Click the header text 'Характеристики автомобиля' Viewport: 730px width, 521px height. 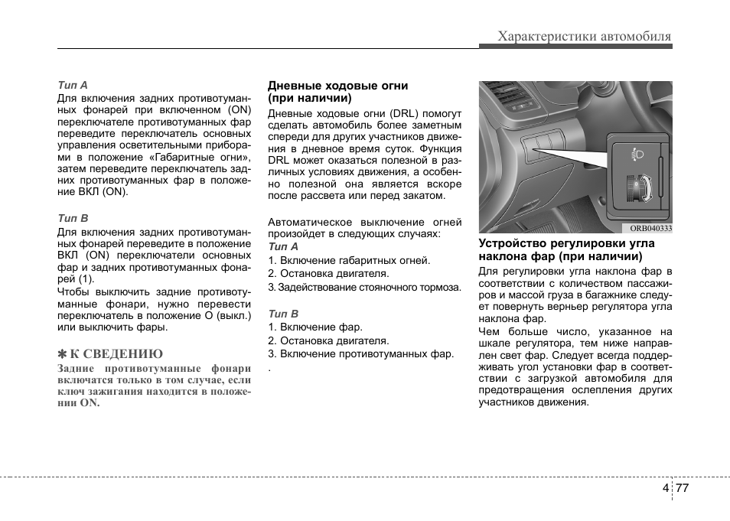click(584, 36)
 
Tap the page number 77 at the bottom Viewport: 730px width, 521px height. click(683, 489)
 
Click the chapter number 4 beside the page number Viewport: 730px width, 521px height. click(666, 489)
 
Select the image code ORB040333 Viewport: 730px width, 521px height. click(650, 228)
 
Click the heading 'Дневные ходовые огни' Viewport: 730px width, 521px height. click(337, 86)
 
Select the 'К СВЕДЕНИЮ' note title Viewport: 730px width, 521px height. click(116, 353)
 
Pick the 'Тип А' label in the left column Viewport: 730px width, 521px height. click(73, 84)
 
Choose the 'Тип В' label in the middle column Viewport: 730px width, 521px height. click(282, 314)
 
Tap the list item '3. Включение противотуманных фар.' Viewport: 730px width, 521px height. click(360, 353)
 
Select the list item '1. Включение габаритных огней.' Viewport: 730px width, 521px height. click(349, 260)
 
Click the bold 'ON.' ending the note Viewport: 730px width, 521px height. click(90, 402)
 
